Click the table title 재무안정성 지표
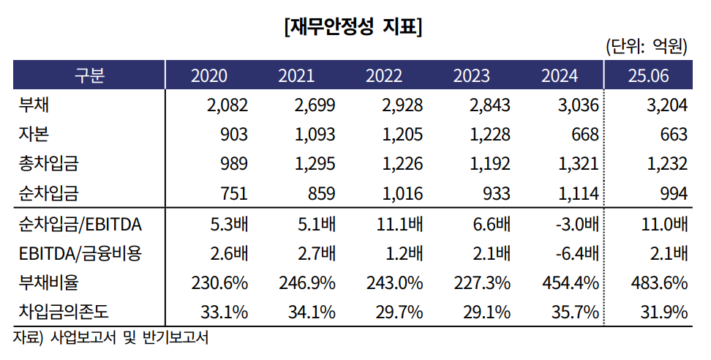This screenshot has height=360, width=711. pyautogui.click(x=355, y=28)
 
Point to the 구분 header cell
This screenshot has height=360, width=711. pyautogui.click(x=89, y=76)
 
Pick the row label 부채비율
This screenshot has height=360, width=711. pyautogui.click(x=48, y=282)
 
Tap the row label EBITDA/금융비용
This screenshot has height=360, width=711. pyautogui.click(x=80, y=254)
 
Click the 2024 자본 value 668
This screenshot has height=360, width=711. pyautogui.click(x=585, y=135)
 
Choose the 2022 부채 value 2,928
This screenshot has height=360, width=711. pyautogui.click(x=402, y=105)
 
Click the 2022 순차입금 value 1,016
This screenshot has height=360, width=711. pyautogui.click(x=402, y=194)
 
